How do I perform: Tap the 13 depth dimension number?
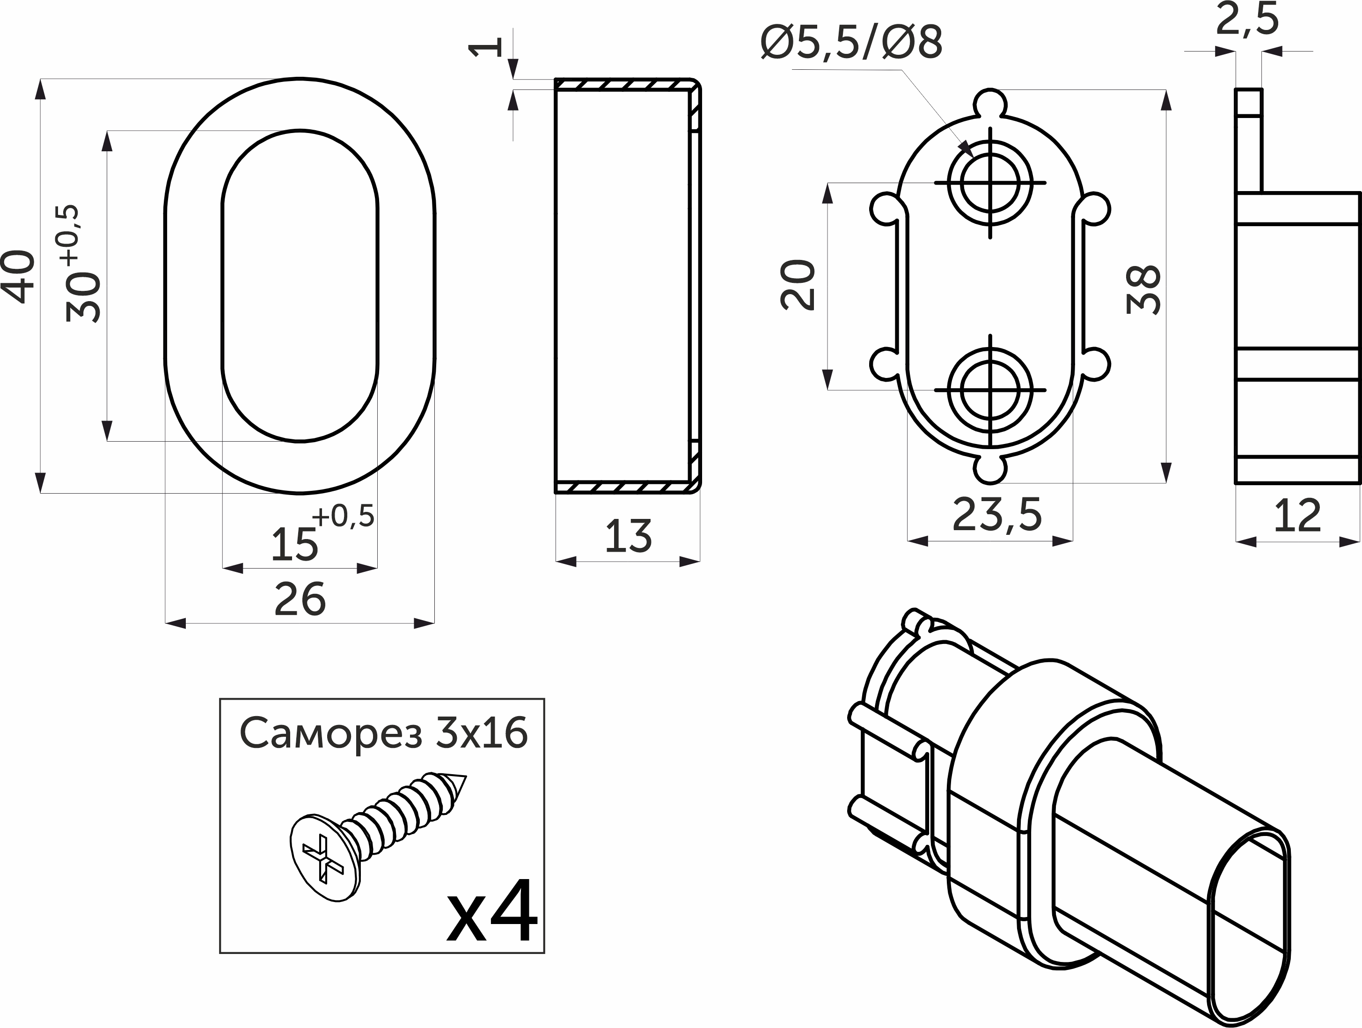tap(628, 535)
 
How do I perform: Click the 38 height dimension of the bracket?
tap(1143, 289)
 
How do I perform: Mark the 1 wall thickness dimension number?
tap(486, 47)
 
